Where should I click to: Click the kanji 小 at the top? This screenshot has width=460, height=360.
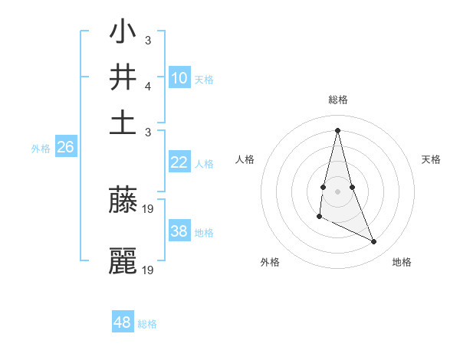click(123, 34)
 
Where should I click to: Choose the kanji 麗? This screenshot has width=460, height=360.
click(123, 261)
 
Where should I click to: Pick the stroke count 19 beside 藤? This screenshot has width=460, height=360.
click(149, 208)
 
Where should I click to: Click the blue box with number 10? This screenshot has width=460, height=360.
click(179, 77)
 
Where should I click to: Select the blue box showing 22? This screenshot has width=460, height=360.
click(179, 162)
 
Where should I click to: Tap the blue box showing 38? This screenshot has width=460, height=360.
click(179, 231)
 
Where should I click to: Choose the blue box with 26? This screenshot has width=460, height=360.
click(65, 147)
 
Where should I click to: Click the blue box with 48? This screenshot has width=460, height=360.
click(123, 322)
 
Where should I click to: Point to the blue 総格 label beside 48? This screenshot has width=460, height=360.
click(147, 324)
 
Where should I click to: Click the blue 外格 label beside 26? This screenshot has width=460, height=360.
click(40, 149)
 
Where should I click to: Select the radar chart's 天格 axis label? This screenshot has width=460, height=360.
click(431, 159)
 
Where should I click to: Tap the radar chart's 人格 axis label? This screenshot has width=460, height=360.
click(245, 159)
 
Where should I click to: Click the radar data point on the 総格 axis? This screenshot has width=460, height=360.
click(337, 130)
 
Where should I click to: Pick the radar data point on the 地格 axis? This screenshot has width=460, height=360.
click(374, 241)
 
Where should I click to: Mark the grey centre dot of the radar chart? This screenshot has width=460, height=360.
click(337, 191)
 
